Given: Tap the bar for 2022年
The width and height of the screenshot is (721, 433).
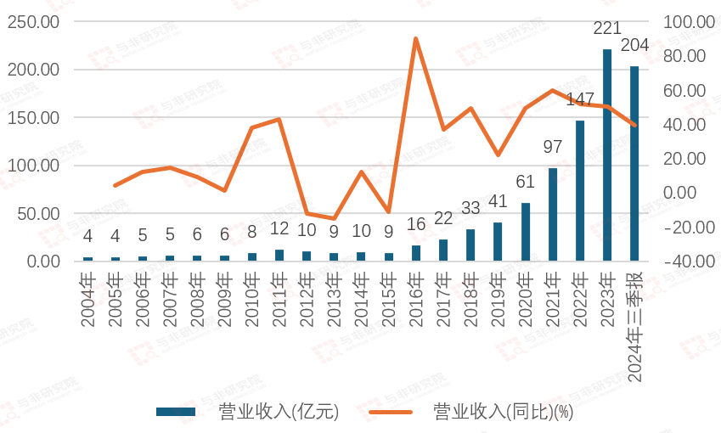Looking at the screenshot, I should tap(580, 190).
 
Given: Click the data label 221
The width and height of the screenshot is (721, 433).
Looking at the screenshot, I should tap(607, 29).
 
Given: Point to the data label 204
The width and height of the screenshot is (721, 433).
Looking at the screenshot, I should tap(635, 45).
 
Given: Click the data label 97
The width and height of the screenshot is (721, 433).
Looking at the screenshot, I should tap(553, 147).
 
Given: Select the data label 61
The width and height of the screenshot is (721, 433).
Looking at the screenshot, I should tap(526, 182).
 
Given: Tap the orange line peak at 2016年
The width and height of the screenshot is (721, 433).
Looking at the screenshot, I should tap(416, 38).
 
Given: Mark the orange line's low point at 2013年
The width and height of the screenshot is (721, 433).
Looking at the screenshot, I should tap(334, 219).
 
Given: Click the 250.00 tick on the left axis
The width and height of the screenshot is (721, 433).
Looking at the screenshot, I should tap(33, 21).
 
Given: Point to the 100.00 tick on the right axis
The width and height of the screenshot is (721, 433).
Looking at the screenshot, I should tap(688, 21).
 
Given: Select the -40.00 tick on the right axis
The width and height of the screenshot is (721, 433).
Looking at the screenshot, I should tap(688, 261).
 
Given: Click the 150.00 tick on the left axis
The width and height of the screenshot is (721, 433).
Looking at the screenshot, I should tap(33, 117).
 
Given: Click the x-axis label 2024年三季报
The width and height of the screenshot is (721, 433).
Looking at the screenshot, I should tap(635, 326).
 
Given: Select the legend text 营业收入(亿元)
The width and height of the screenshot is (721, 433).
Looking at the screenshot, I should tap(279, 413).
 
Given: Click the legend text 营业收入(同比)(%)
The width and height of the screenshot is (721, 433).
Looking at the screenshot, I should tap(504, 413).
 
